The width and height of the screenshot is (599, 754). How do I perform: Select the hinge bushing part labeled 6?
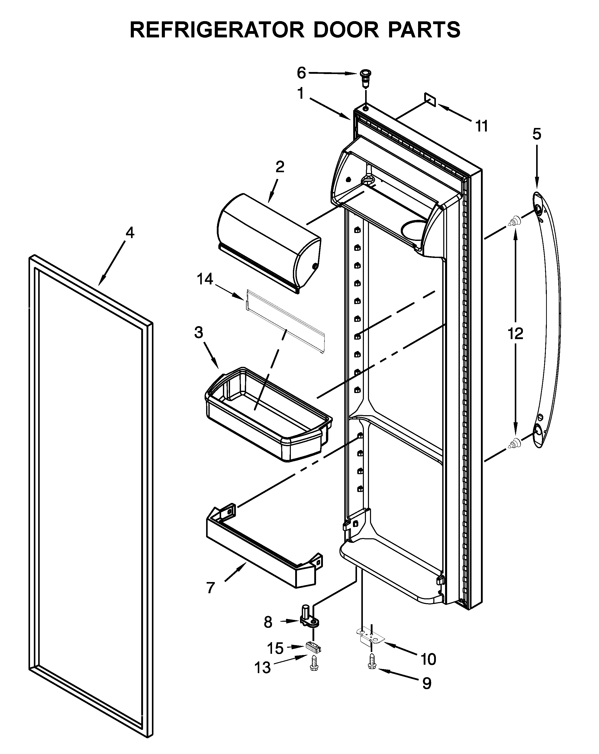click(x=365, y=79)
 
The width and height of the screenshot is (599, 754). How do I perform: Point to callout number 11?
click(x=481, y=126)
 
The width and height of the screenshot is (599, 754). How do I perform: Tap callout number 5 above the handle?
click(x=536, y=134)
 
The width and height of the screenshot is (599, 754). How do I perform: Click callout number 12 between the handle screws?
click(x=515, y=334)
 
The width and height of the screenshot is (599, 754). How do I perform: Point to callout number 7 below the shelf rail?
click(x=210, y=588)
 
